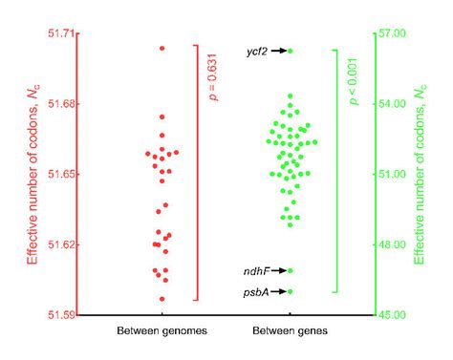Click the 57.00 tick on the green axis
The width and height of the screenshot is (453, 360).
(394, 33)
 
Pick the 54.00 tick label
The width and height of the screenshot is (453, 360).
(394, 104)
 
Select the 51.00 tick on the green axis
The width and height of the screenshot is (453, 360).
(394, 174)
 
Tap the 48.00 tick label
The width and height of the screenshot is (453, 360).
(394, 244)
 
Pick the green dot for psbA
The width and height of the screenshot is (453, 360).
(291, 291)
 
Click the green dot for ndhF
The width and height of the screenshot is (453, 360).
(291, 271)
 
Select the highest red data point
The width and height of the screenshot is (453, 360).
(162, 48)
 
